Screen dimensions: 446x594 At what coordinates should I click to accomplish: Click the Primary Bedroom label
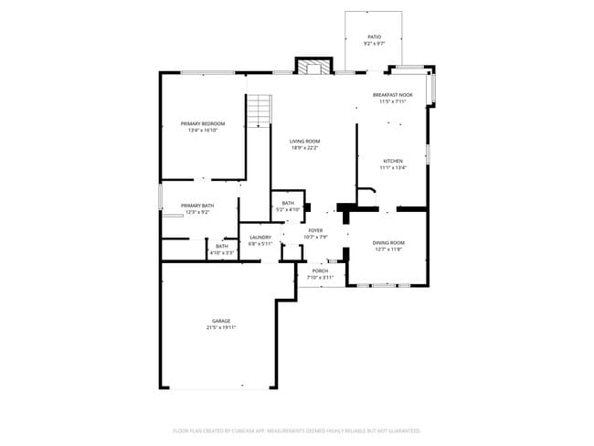click(x=203, y=123)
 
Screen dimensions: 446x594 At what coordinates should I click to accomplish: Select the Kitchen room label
click(x=393, y=161)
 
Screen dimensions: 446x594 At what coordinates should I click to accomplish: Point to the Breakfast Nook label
click(x=393, y=95)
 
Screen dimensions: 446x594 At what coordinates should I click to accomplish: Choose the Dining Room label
click(x=388, y=242)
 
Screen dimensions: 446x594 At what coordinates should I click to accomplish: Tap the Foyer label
click(x=315, y=231)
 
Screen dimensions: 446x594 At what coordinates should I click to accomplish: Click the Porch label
click(x=320, y=271)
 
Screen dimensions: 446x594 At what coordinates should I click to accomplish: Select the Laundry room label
click(x=260, y=238)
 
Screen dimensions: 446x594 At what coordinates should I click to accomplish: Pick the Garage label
click(x=221, y=321)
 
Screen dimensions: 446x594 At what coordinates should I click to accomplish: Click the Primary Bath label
click(x=197, y=206)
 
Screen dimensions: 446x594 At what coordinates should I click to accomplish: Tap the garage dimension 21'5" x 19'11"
click(x=221, y=327)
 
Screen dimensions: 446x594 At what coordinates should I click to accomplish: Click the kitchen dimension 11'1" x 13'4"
click(x=393, y=168)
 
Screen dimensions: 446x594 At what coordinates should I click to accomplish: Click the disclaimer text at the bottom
click(x=297, y=430)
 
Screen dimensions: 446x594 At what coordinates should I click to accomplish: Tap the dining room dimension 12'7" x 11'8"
click(x=388, y=249)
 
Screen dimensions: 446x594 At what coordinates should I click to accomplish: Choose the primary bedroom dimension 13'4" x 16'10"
click(x=203, y=130)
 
